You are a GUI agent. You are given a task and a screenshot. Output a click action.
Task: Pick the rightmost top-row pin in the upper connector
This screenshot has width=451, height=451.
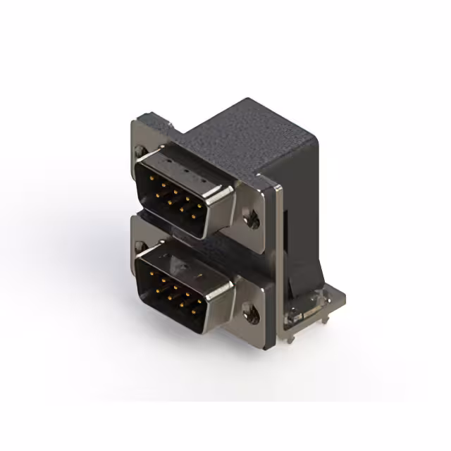[x=199, y=206]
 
